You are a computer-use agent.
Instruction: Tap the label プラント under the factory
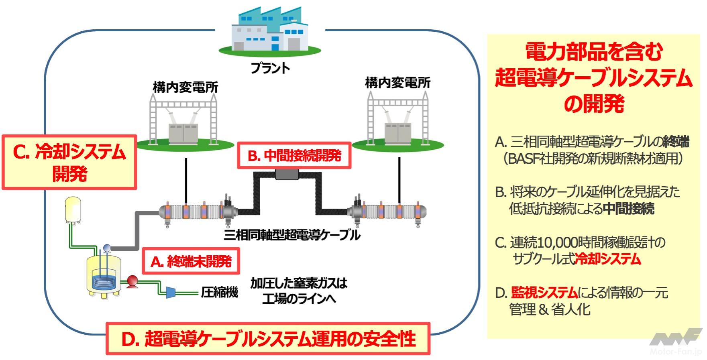click(270, 68)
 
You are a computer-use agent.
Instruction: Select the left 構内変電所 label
click(185, 87)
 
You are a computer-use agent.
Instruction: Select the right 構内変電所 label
click(397, 83)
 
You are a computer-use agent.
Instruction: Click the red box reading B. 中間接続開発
click(294, 155)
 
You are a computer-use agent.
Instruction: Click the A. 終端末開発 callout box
click(191, 262)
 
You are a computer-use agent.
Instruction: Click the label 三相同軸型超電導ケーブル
click(292, 235)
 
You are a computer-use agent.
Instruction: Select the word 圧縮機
click(219, 292)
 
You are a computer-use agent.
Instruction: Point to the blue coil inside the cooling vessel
click(104, 281)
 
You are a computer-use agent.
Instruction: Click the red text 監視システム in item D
click(544, 293)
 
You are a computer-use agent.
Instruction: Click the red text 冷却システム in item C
click(608, 259)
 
